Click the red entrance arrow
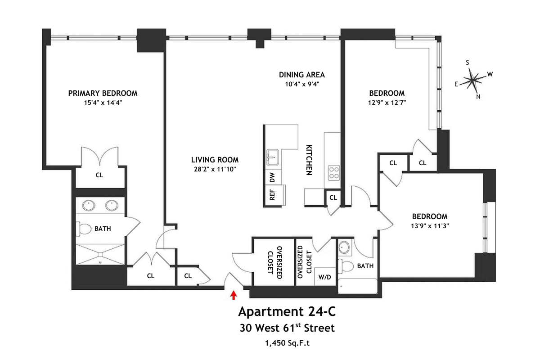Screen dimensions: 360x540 point(234,295)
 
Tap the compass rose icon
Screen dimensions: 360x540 point(472,81)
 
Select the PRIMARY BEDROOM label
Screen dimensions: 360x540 point(103,93)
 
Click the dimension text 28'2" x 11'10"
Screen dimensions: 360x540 point(215,169)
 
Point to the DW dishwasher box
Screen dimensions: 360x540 point(272,178)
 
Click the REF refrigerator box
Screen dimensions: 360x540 point(272,194)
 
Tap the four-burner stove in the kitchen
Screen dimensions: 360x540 point(334,172)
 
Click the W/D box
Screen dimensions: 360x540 point(324,277)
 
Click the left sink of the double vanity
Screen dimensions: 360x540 point(88,206)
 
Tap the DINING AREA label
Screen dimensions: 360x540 point(301,75)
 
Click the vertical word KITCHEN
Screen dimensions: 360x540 point(309,160)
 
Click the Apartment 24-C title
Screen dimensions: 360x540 point(286,311)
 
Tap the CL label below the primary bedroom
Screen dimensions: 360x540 point(99,175)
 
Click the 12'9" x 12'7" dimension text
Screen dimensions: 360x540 point(387,102)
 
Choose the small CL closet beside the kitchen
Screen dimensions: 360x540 point(333,197)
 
